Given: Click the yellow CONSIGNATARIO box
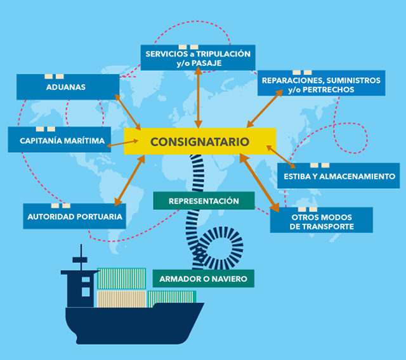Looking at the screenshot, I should click(200, 141).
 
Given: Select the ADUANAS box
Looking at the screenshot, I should click(68, 87).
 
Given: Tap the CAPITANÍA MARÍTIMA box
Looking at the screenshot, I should click(58, 139).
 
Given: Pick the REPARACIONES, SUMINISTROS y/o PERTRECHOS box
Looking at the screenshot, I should click(320, 85).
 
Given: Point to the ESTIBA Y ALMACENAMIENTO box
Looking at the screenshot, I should click(337, 176).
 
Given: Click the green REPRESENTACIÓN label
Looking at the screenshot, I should click(204, 201).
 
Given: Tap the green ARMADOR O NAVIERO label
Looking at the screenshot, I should click(204, 278).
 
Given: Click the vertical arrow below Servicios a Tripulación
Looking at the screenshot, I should click(199, 96).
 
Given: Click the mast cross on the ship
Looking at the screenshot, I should click(79, 258).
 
